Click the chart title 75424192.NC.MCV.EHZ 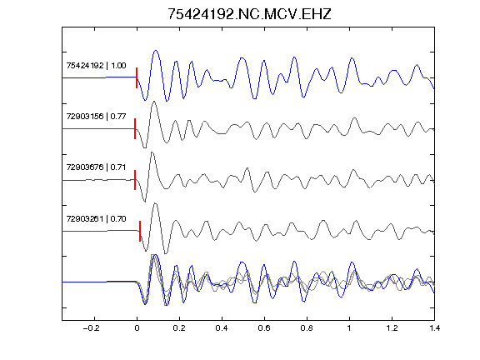[249, 14]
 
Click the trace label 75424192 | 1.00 [96, 66]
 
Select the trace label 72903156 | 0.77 [96, 117]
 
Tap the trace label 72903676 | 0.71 [96, 167]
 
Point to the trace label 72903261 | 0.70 [96, 218]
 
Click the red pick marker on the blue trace [137, 77]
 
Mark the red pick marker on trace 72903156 [135, 129]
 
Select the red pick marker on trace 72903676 [135, 180]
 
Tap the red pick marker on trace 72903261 [140, 231]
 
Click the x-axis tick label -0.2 [91, 328]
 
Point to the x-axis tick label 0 [137, 328]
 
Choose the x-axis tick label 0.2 [179, 328]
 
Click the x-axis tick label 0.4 [222, 328]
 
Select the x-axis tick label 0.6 [264, 328]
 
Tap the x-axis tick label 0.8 [307, 328]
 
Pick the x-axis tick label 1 [349, 328]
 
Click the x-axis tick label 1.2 [392, 328]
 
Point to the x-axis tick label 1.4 [434, 328]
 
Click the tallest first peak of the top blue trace [156, 51]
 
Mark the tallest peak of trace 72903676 [152, 152]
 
